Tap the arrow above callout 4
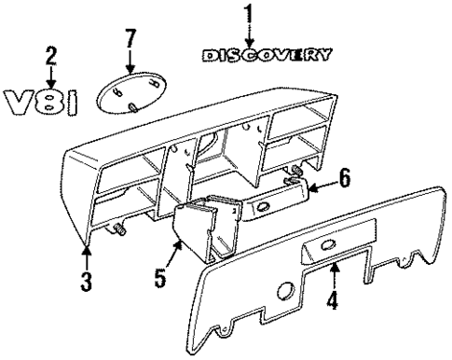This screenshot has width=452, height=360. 334,275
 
